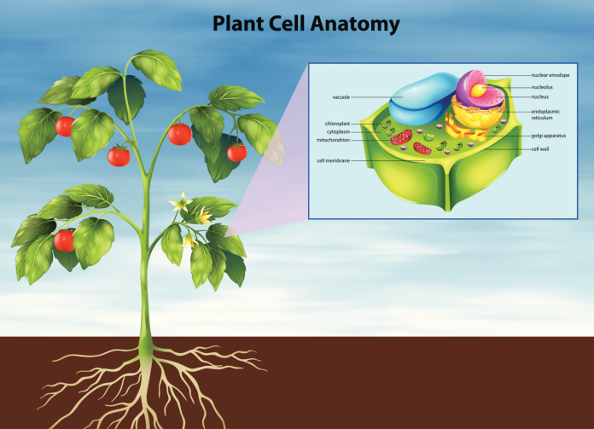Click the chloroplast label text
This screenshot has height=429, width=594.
point(338,124)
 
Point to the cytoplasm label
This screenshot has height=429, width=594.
point(339,131)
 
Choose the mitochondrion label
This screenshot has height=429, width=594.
point(335,140)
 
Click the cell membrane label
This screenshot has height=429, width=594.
point(333,159)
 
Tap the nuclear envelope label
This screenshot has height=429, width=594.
point(550,75)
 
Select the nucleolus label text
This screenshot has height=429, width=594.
point(543,86)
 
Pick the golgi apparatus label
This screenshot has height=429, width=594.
point(549,136)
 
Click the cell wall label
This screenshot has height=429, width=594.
point(539,148)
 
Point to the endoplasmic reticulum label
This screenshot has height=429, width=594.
point(544,115)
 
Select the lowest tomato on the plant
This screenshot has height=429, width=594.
point(64,241)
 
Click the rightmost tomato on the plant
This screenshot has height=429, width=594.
point(236,153)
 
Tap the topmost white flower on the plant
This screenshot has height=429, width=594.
point(180,202)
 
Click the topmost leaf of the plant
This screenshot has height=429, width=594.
point(156,68)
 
